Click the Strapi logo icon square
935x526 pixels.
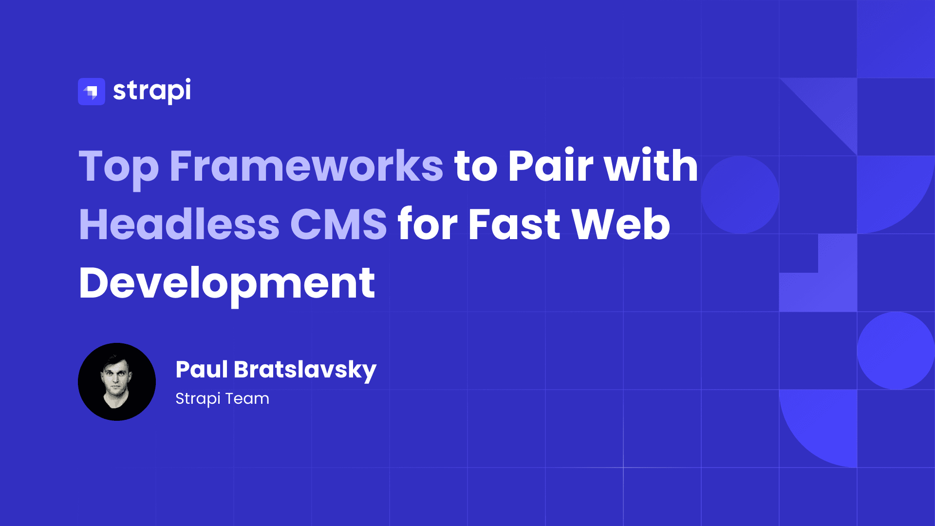[x=92, y=92]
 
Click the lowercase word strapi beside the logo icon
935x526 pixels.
[x=152, y=91]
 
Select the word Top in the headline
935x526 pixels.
[x=119, y=167]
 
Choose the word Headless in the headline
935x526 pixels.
[x=179, y=225]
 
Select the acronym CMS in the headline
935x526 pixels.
[x=338, y=225]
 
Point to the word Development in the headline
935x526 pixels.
[x=227, y=283]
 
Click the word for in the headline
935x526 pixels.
[x=428, y=225]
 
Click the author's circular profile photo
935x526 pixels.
[x=117, y=382]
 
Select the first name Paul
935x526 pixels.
[x=202, y=369]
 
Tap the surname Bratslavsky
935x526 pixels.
[x=305, y=370]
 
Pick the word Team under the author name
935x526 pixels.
[x=247, y=398]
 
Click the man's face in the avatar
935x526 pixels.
[x=116, y=377]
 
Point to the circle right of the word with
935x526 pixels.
[x=740, y=195]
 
